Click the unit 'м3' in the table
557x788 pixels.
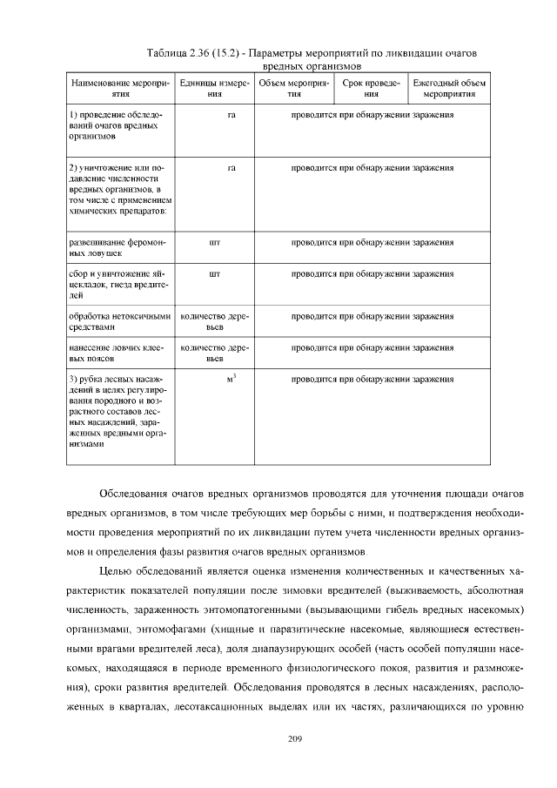(x=232, y=379)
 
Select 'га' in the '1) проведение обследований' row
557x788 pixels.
(x=232, y=114)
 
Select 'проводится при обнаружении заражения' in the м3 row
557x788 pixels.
(x=372, y=380)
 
